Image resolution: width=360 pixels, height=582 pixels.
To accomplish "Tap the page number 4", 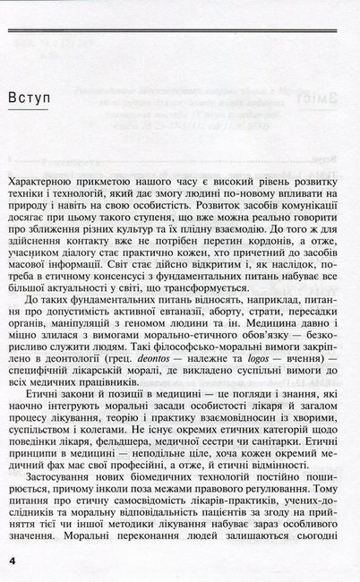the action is point(12,559).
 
